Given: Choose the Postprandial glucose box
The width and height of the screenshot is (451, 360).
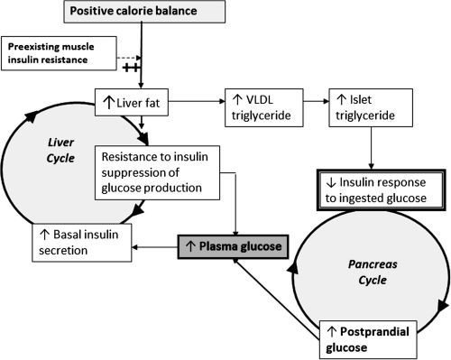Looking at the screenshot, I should [x=372, y=337].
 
